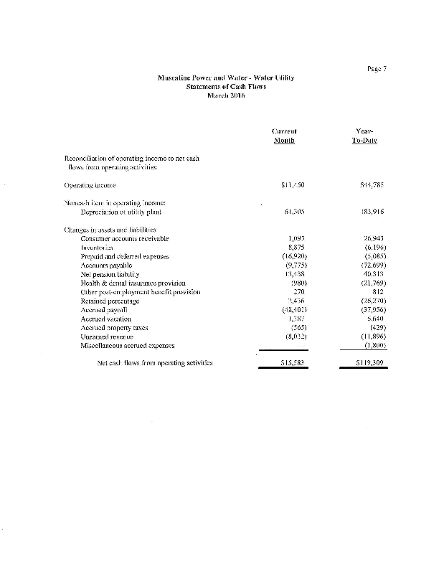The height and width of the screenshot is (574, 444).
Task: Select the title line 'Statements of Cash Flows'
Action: click(x=226, y=86)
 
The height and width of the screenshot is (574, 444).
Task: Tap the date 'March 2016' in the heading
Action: click(x=226, y=95)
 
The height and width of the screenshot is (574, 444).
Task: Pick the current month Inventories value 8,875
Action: click(x=288, y=247)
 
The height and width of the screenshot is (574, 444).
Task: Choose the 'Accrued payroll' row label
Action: click(x=105, y=309)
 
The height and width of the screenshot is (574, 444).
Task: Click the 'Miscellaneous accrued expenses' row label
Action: click(x=130, y=345)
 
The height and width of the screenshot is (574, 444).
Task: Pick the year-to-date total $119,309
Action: click(x=366, y=363)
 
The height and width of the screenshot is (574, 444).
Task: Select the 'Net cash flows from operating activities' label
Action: click(x=153, y=363)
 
